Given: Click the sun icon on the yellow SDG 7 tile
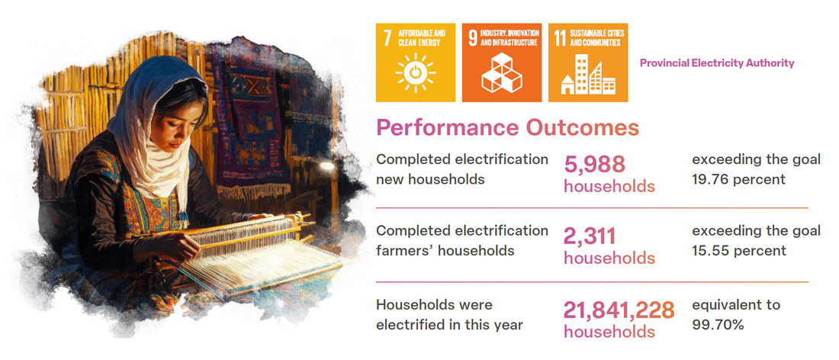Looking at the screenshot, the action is [x=415, y=73].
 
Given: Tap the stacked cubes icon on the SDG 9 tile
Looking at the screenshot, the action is [x=501, y=73].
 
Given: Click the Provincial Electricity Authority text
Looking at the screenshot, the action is [x=717, y=63].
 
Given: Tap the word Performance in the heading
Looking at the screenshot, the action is [x=447, y=128].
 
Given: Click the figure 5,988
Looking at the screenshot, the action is [x=594, y=165].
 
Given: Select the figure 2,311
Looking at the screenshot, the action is [x=590, y=237].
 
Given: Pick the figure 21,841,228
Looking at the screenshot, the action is [x=619, y=310].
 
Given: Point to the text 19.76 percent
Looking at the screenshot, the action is [x=739, y=178].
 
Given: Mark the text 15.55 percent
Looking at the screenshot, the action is [x=739, y=250].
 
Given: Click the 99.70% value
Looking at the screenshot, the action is [x=718, y=323].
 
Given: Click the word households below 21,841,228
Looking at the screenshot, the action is [x=609, y=332].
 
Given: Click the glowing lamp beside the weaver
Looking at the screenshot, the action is [x=326, y=167].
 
